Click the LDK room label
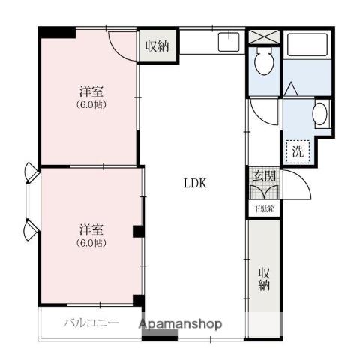tap(195, 184)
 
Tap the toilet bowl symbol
tap(264, 61)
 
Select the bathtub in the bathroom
tap(307, 45)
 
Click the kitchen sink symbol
tap(229, 42)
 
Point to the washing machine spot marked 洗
tap(298, 151)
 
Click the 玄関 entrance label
tap(264, 176)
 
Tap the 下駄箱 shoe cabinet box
tap(264, 208)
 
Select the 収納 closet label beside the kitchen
tap(157, 46)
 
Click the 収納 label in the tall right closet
tap(264, 279)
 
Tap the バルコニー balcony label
tap(91, 322)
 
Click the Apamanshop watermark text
tap(181, 324)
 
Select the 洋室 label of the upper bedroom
tap(91, 91)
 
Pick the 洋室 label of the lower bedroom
tap(91, 229)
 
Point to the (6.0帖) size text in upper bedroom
tap(91, 104)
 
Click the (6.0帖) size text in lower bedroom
tap(91, 243)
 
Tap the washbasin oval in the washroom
tap(320, 114)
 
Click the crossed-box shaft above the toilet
tap(264, 37)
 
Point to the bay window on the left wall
tap(31, 202)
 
